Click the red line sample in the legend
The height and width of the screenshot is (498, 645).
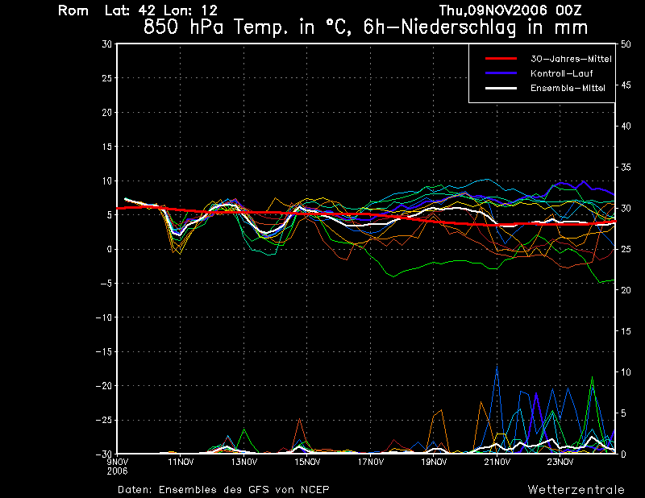coord(500,60)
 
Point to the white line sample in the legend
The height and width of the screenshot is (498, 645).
coord(500,88)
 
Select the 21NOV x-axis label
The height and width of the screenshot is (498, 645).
coord(497,462)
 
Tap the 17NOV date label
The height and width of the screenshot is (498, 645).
coord(371,462)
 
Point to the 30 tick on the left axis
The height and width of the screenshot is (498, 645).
coord(107,44)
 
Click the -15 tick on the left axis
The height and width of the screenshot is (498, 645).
coord(103,351)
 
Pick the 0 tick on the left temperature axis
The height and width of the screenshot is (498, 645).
coord(110,249)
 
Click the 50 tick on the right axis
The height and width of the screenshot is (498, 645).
coord(622,44)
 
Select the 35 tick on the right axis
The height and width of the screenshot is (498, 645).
coord(622,167)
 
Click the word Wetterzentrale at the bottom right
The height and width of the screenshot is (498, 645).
coord(576,489)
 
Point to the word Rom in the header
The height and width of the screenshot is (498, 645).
coord(72,10)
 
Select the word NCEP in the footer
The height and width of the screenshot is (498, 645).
coord(311,489)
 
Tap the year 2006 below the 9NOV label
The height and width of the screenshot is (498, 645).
coord(118,470)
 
